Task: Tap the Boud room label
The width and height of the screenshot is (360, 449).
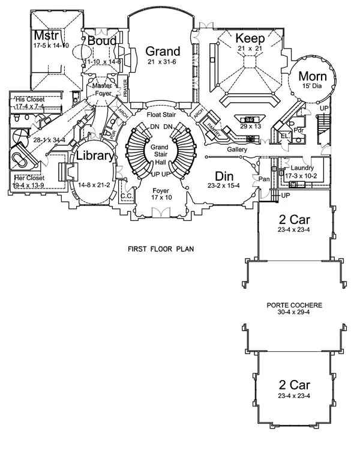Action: pos(101,41)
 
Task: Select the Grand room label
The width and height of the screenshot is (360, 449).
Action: pos(162,52)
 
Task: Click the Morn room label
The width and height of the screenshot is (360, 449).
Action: pos(312,77)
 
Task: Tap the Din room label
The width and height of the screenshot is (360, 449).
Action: pos(223,176)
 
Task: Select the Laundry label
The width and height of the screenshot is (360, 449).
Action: pos(302,167)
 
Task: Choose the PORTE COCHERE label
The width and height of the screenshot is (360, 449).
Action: pos(294,305)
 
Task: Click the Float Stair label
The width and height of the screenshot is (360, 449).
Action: pos(161,112)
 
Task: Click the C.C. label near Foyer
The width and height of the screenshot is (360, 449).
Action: pos(127,195)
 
